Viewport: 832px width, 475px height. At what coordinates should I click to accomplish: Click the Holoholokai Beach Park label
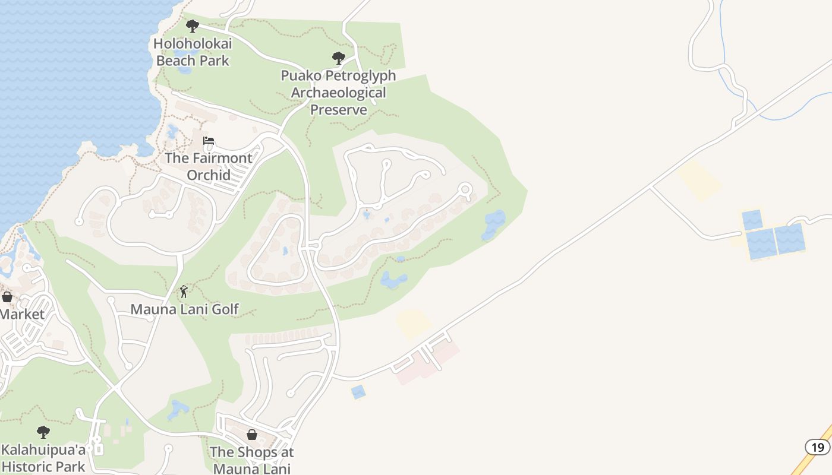point(193,52)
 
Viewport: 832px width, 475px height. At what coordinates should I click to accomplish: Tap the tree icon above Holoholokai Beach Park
point(192,26)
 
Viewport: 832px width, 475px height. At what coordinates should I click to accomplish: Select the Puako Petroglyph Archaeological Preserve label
point(338,93)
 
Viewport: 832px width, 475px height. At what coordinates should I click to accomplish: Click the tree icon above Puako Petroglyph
point(339,58)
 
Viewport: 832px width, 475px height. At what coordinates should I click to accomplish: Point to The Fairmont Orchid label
point(208,166)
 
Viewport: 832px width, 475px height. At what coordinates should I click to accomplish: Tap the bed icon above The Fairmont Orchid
point(209,141)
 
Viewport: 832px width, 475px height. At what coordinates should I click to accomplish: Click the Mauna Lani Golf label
point(184,309)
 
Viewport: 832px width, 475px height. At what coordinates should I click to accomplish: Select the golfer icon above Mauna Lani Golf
point(184,292)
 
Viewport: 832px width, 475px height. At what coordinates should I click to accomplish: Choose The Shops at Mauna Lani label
point(252,460)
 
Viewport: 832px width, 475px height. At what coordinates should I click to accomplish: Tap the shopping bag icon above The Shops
point(252,435)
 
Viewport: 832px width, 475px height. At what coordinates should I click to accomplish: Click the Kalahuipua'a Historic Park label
point(43,458)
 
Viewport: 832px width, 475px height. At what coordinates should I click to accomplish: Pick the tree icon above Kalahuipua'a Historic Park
point(43,432)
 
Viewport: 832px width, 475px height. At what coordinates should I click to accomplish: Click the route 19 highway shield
point(817,446)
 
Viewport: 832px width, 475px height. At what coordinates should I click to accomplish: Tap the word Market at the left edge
point(21,314)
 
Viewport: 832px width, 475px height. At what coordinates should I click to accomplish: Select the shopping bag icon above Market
point(7,296)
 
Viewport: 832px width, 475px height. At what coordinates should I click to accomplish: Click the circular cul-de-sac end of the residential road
point(465,189)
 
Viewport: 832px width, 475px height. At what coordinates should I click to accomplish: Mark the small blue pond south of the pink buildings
point(358,392)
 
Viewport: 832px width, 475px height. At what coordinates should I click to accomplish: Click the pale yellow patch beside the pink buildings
point(414,323)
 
